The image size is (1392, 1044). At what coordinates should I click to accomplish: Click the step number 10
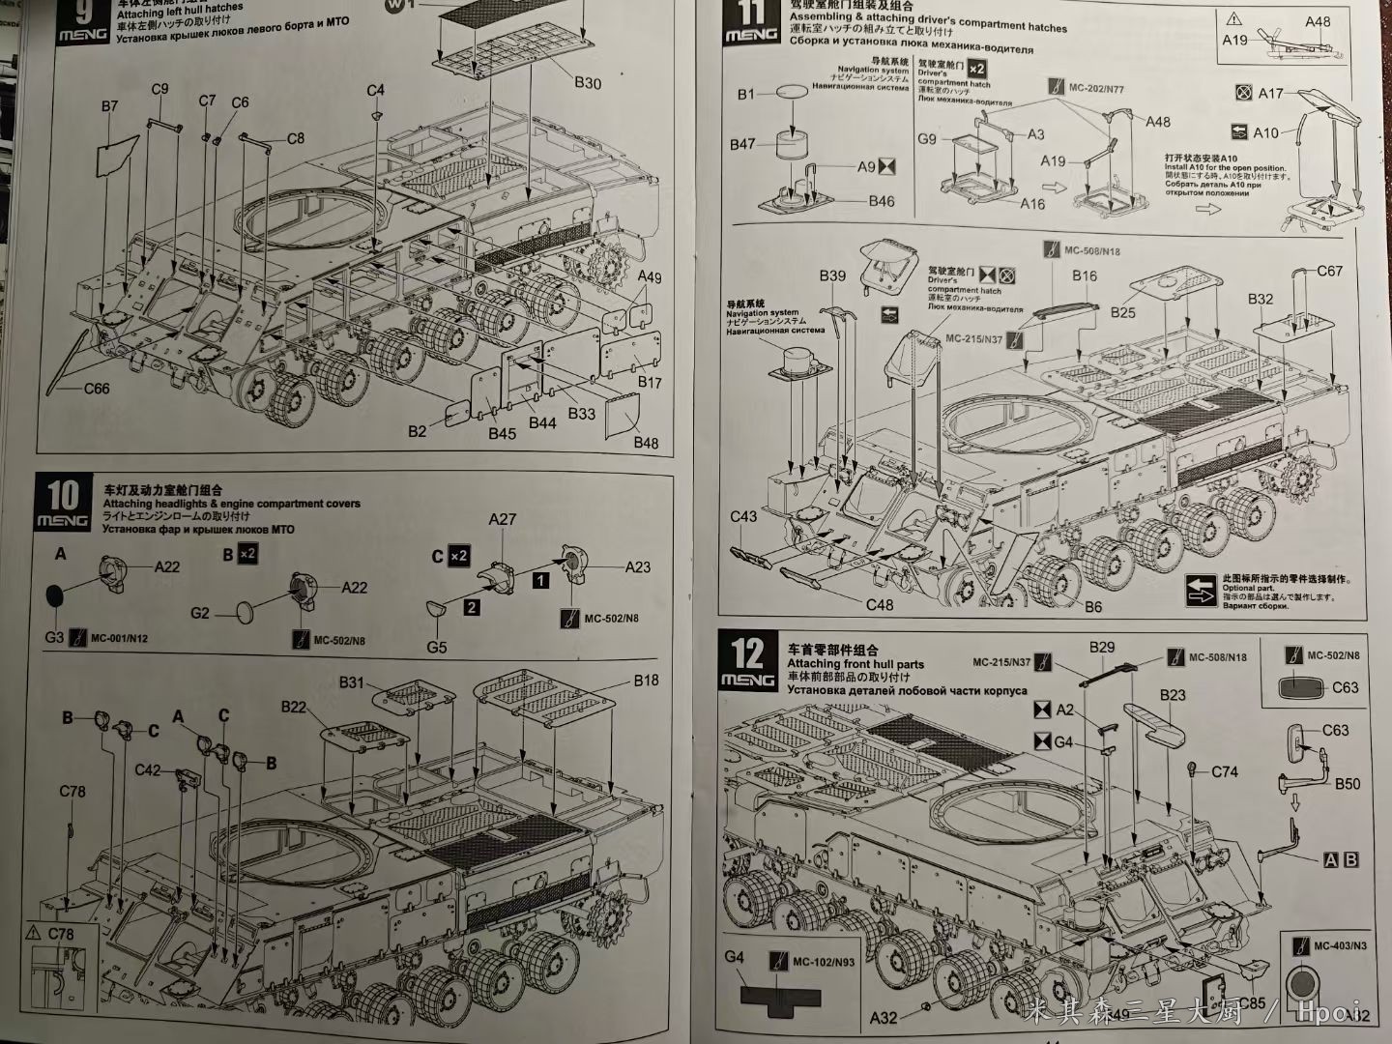63,496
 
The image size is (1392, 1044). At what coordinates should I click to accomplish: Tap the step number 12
748,653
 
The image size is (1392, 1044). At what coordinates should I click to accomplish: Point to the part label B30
587,83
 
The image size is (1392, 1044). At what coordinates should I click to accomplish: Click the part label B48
646,443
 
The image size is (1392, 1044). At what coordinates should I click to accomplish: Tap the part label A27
502,519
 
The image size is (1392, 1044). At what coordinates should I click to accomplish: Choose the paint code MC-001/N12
120,638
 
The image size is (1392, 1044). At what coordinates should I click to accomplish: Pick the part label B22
294,707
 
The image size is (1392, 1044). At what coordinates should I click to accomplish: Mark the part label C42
148,769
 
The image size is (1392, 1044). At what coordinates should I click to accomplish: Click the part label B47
742,144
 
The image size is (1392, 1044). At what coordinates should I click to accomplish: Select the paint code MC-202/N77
1096,88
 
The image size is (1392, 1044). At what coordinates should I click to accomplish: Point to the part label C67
1329,271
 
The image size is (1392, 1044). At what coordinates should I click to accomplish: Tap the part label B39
832,275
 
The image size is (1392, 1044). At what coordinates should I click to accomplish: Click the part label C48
880,605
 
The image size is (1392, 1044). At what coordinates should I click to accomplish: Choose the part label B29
1102,648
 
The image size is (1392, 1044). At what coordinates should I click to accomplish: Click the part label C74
1225,771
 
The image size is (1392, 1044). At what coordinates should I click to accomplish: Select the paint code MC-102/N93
823,962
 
